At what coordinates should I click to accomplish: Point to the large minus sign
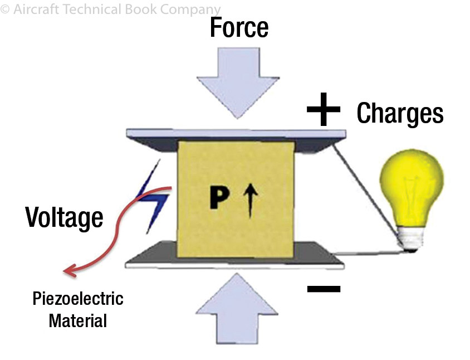[x=324, y=288]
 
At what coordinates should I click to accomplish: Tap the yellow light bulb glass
[x=411, y=183]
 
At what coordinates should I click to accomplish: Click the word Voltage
[x=64, y=217]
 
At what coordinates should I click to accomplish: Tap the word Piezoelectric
[x=77, y=299]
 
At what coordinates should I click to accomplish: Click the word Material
[x=77, y=320]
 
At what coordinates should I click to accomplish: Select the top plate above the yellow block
[x=236, y=134]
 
